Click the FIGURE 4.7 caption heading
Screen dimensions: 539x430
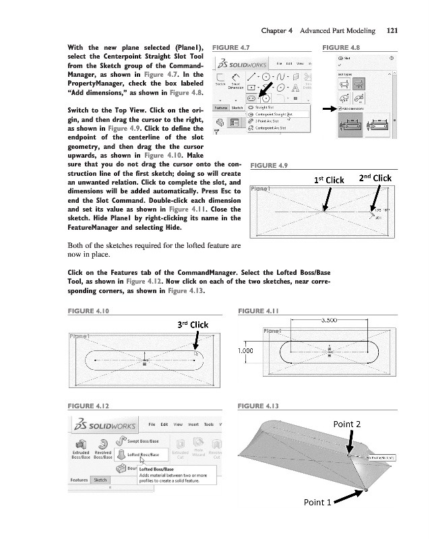click(x=231, y=49)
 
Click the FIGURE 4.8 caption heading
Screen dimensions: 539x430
click(x=342, y=49)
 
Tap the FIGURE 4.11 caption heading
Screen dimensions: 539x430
click(x=259, y=311)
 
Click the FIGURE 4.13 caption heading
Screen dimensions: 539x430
click(x=259, y=406)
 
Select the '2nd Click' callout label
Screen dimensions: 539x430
click(x=375, y=179)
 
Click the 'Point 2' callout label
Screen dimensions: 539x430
click(x=348, y=424)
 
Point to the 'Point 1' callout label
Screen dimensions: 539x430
click(x=317, y=521)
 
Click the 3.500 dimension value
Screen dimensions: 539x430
click(x=330, y=320)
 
